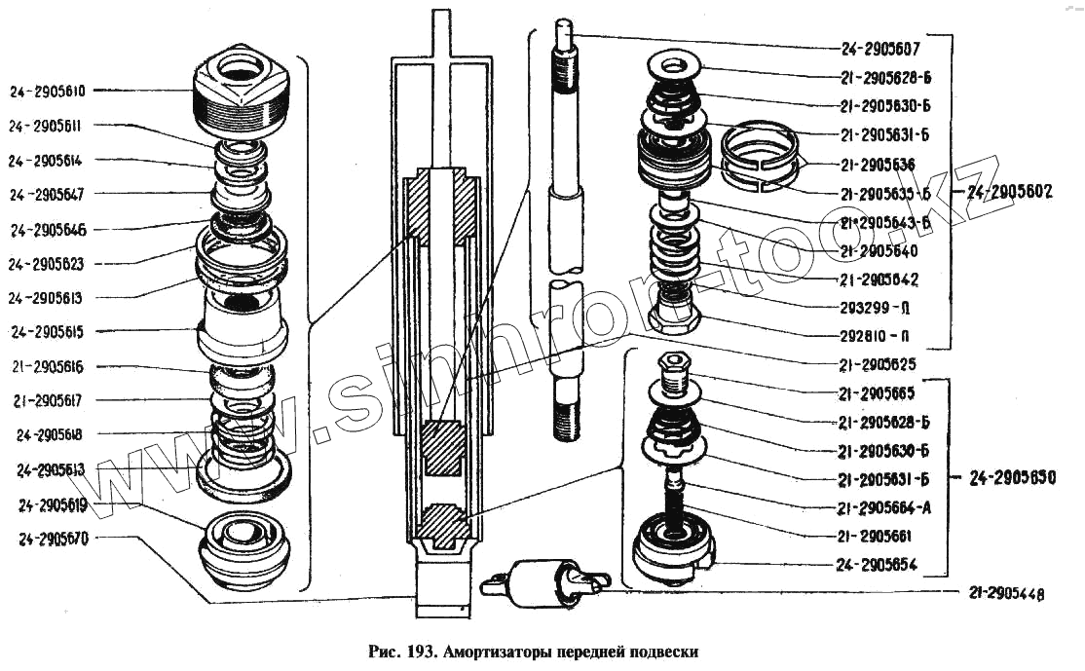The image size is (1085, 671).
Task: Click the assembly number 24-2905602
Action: click(x=1010, y=193)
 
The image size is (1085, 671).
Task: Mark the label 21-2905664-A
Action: click(x=884, y=507)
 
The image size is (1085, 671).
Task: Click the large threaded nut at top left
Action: click(x=243, y=93)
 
